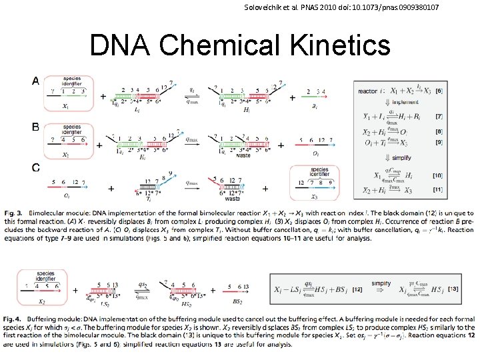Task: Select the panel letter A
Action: pyautogui.click(x=35, y=81)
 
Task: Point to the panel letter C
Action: pyautogui.click(x=35, y=167)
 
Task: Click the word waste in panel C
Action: pyautogui.click(x=233, y=197)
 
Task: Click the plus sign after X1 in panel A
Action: pyautogui.click(x=103, y=97)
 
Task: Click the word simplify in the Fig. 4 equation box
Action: pyautogui.click(x=381, y=284)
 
